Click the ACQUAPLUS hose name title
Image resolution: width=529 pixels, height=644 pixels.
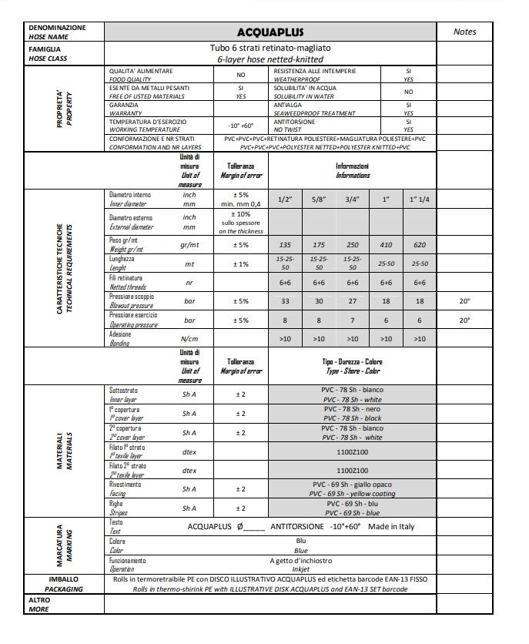tap(270, 32)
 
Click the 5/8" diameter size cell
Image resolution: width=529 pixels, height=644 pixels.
tap(317, 199)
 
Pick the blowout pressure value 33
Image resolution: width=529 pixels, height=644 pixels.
tap(286, 300)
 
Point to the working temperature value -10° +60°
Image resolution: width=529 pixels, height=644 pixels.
tap(240, 126)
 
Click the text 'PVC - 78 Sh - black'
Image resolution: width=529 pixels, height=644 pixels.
tap(352, 418)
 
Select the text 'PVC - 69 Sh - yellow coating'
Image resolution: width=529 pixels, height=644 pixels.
tap(352, 493)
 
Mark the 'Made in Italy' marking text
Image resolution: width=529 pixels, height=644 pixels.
tap(391, 526)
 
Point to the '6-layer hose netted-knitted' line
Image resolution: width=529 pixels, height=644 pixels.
tap(270, 59)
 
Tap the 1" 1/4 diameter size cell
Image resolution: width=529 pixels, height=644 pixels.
tap(420, 199)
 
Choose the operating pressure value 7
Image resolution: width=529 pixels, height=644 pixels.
tap(353, 320)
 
